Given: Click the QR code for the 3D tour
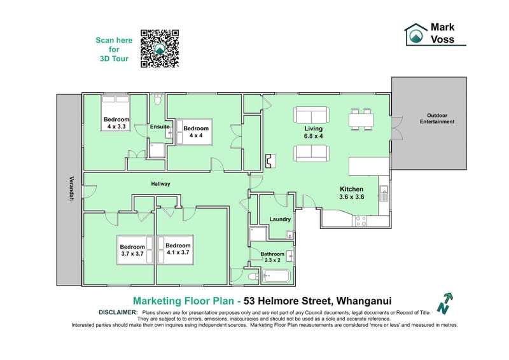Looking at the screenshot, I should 159,48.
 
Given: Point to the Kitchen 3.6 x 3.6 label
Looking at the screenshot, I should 351,193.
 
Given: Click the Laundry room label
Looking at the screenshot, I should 280,219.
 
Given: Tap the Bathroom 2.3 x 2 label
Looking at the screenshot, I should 272,257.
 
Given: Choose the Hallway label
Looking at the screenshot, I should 160,184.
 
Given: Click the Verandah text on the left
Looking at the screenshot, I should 72,189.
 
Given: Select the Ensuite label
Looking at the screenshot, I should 160,127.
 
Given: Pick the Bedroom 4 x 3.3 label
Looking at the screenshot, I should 116,123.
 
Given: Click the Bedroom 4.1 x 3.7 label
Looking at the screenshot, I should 178,249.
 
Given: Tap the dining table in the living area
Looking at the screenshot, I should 360,120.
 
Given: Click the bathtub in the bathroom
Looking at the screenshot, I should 275,276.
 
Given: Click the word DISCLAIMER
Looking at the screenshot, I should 118,312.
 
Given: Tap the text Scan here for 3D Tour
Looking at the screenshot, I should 114,49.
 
